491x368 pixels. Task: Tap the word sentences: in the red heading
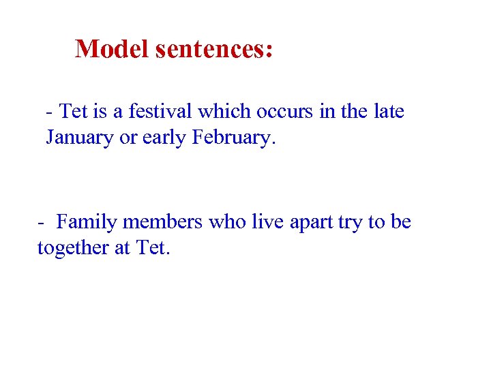tap(214, 48)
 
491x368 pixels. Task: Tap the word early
tap(164, 137)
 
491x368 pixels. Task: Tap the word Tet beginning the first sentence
tap(74, 110)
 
